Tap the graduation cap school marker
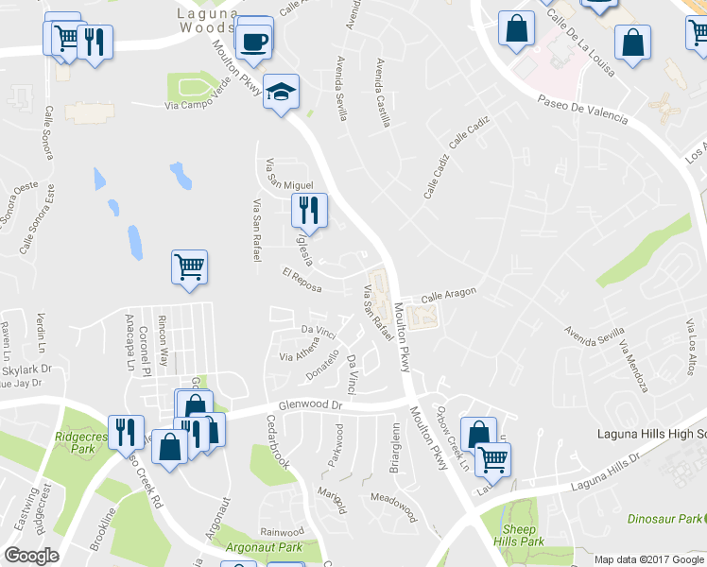pos(281,92)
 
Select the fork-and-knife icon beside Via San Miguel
pos(309,211)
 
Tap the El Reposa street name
pos(303,281)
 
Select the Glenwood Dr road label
pos(310,404)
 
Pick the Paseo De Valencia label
pos(581,109)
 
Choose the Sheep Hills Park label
pos(518,536)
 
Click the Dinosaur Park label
pos(665,519)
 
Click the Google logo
pos(31,555)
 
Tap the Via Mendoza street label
pos(633,365)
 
